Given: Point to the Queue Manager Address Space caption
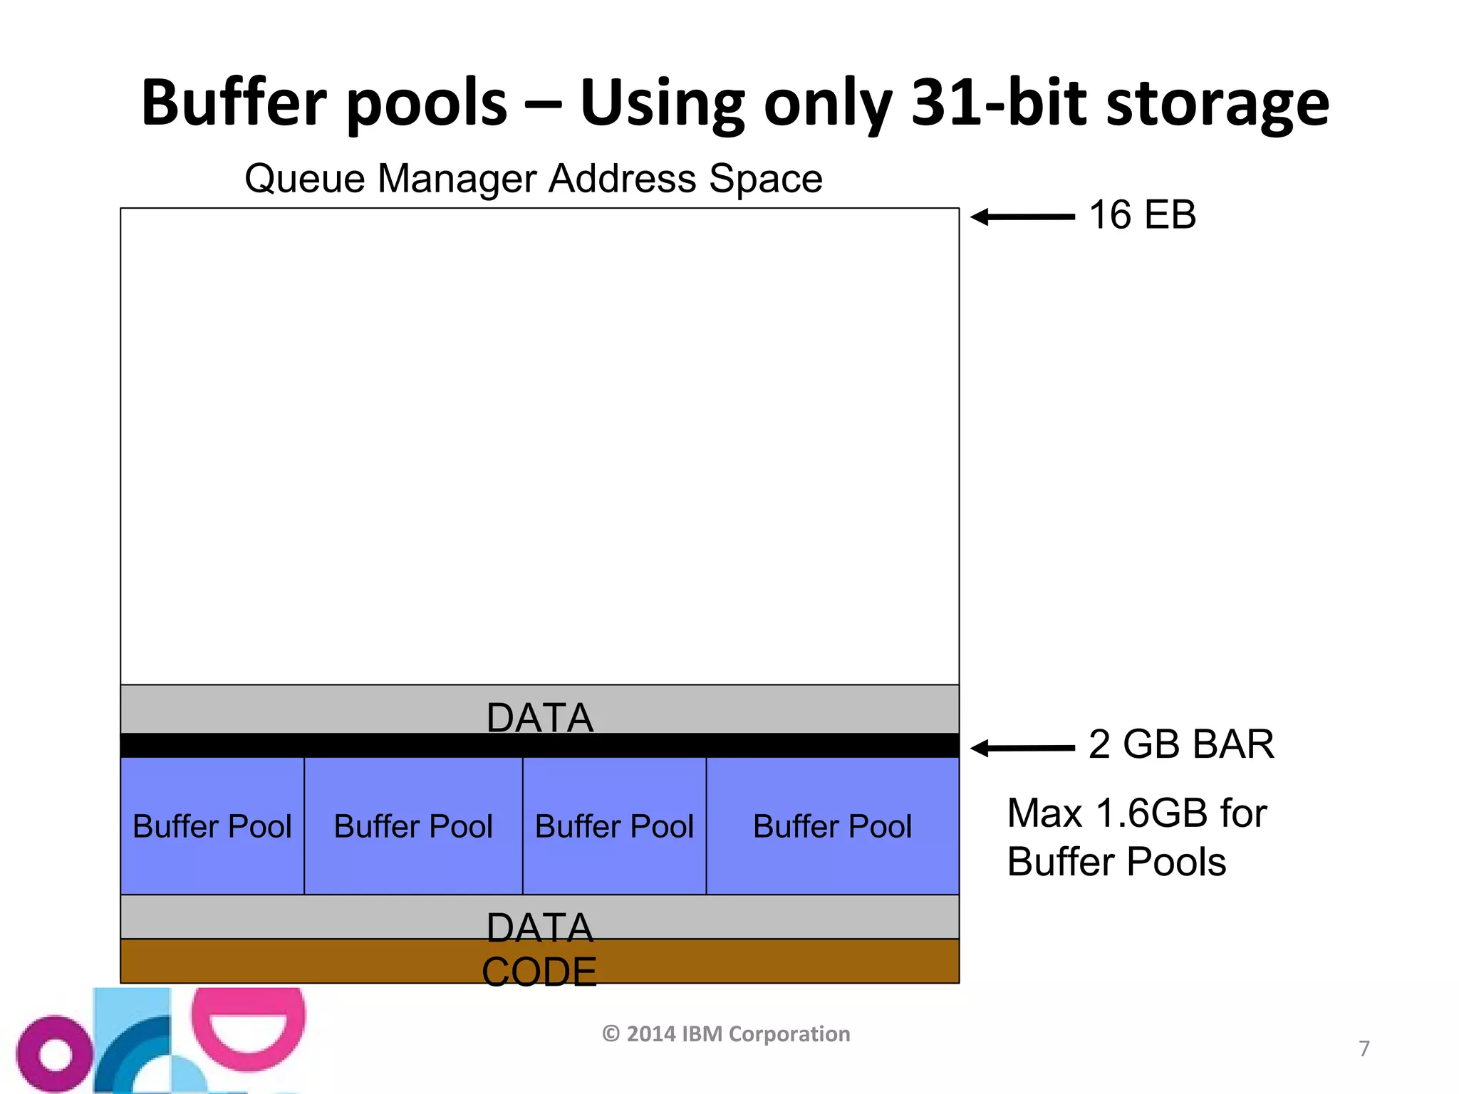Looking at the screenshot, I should (x=533, y=178).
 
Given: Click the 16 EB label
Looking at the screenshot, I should (x=1142, y=214).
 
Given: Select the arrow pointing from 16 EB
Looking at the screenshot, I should (x=1022, y=217).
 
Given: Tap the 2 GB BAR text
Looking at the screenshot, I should (x=1180, y=744).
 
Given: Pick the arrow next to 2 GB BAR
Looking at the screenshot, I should (x=1022, y=748).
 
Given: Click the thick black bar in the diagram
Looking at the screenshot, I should (x=539, y=745).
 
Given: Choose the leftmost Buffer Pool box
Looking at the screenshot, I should (x=212, y=826).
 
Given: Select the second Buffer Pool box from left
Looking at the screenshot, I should (x=413, y=826).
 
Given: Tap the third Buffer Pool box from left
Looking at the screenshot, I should (x=614, y=826).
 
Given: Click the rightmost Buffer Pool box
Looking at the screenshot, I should (x=832, y=826).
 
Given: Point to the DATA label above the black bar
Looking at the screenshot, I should (x=539, y=717).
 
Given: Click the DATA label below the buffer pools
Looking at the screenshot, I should (x=539, y=927).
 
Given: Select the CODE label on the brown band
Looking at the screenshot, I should (x=539, y=971).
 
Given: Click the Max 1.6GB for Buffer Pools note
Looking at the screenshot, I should (x=1136, y=838).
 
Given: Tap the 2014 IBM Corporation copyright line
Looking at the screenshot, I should (x=726, y=1033).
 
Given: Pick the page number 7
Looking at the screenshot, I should (x=1364, y=1048).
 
